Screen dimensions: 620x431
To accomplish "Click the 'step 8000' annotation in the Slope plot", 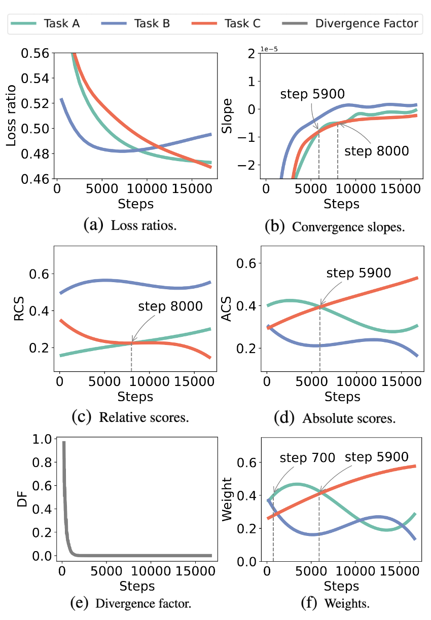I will pyautogui.click(x=376, y=151).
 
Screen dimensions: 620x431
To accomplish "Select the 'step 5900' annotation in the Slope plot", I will pyautogui.click(x=312, y=94).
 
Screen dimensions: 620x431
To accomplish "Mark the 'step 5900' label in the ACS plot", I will pyautogui.click(x=358, y=273).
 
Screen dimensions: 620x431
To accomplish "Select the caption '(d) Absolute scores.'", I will pyautogui.click(x=335, y=418).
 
